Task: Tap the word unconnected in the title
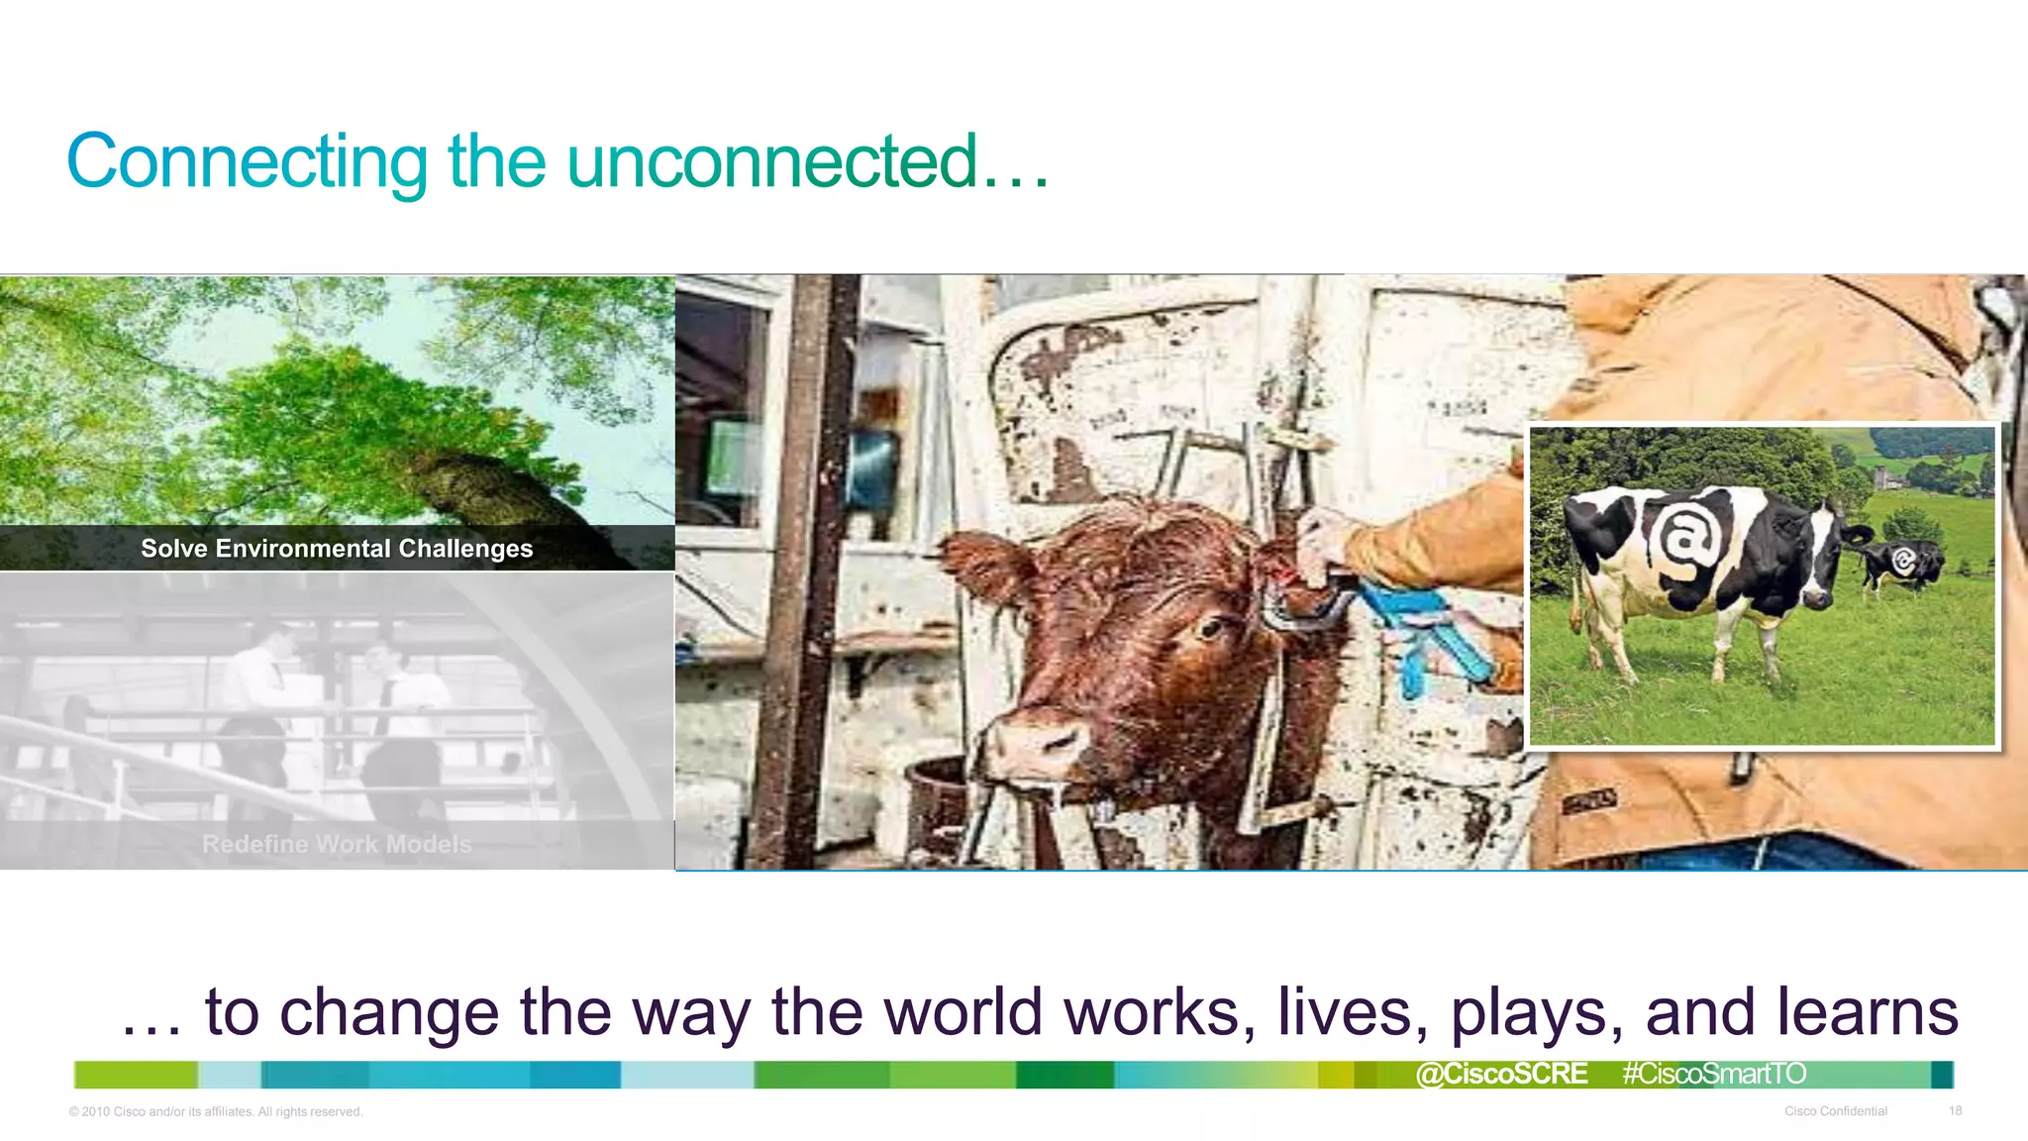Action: [772, 161]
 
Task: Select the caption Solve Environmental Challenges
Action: [337, 549]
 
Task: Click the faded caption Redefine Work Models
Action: [337, 844]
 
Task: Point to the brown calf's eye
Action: [1210, 628]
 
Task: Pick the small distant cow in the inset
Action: [1901, 565]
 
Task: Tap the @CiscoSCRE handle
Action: [1501, 1074]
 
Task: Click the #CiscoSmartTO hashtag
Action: [1714, 1074]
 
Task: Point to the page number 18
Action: [1955, 1111]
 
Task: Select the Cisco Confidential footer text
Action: [1835, 1111]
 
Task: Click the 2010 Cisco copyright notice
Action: [216, 1111]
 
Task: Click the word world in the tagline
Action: [963, 1012]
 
